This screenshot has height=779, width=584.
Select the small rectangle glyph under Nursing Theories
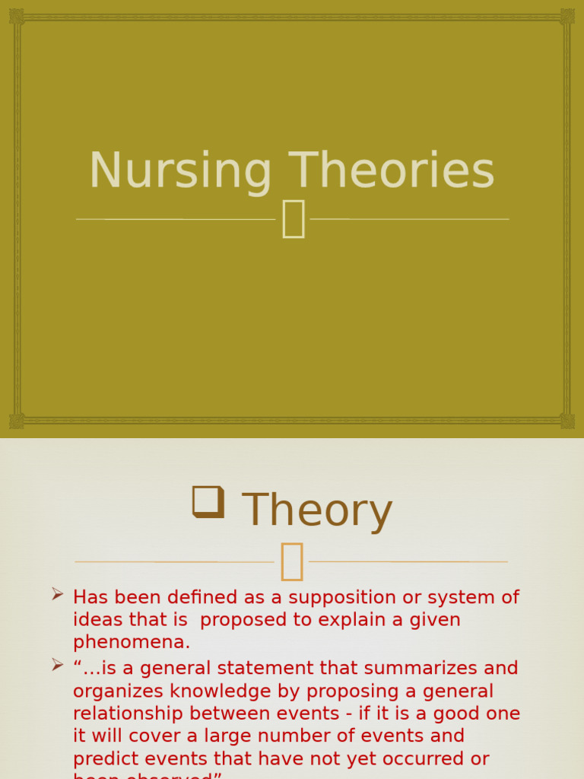click(294, 219)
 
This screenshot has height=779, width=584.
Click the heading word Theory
click(317, 510)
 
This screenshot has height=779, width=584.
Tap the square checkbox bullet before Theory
click(208, 503)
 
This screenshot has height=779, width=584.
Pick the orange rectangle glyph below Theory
click(291, 562)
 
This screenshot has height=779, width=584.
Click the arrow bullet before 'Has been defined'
click(58, 594)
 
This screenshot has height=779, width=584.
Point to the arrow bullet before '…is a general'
click(58, 665)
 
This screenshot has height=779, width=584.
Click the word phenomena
click(132, 642)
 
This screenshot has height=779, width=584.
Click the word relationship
click(128, 714)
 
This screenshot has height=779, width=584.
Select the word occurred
click(436, 758)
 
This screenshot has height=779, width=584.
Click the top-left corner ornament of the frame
click(17, 16)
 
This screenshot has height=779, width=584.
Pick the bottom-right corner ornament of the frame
click(567, 421)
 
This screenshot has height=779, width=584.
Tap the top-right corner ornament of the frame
click(567, 16)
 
